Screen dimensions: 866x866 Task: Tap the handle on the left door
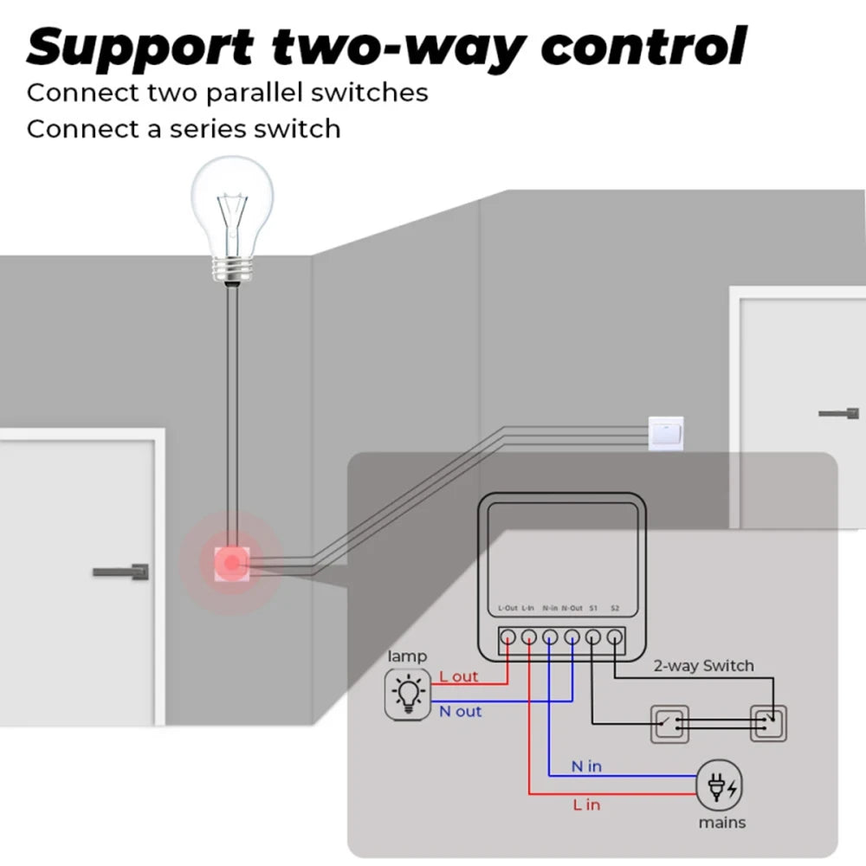pos(122,572)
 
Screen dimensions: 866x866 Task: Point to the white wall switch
pos(665,432)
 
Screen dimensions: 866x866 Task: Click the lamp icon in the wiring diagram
pos(407,694)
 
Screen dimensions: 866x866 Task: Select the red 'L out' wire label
pos(458,676)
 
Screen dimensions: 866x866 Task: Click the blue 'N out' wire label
pos(460,711)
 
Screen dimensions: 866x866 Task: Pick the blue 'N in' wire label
pos(586,766)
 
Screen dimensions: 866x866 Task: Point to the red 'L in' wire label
pos(586,805)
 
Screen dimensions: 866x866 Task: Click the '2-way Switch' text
pos(702,666)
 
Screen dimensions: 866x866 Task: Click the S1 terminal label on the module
pos(593,609)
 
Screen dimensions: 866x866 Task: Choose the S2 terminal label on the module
pos(615,609)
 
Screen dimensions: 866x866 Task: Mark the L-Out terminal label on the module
pos(508,609)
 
